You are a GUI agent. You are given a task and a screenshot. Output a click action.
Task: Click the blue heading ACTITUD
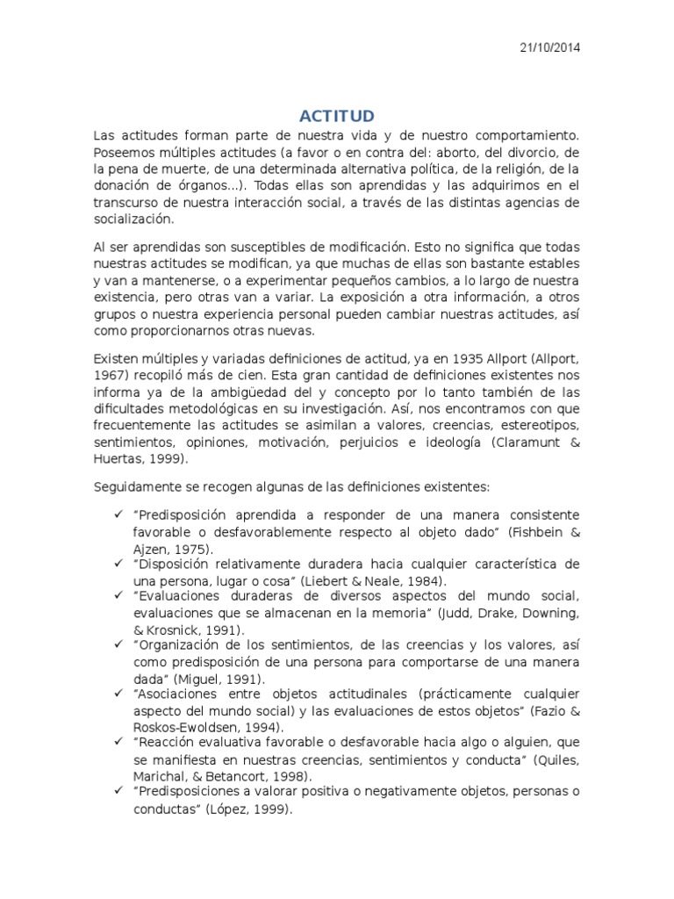(x=337, y=116)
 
